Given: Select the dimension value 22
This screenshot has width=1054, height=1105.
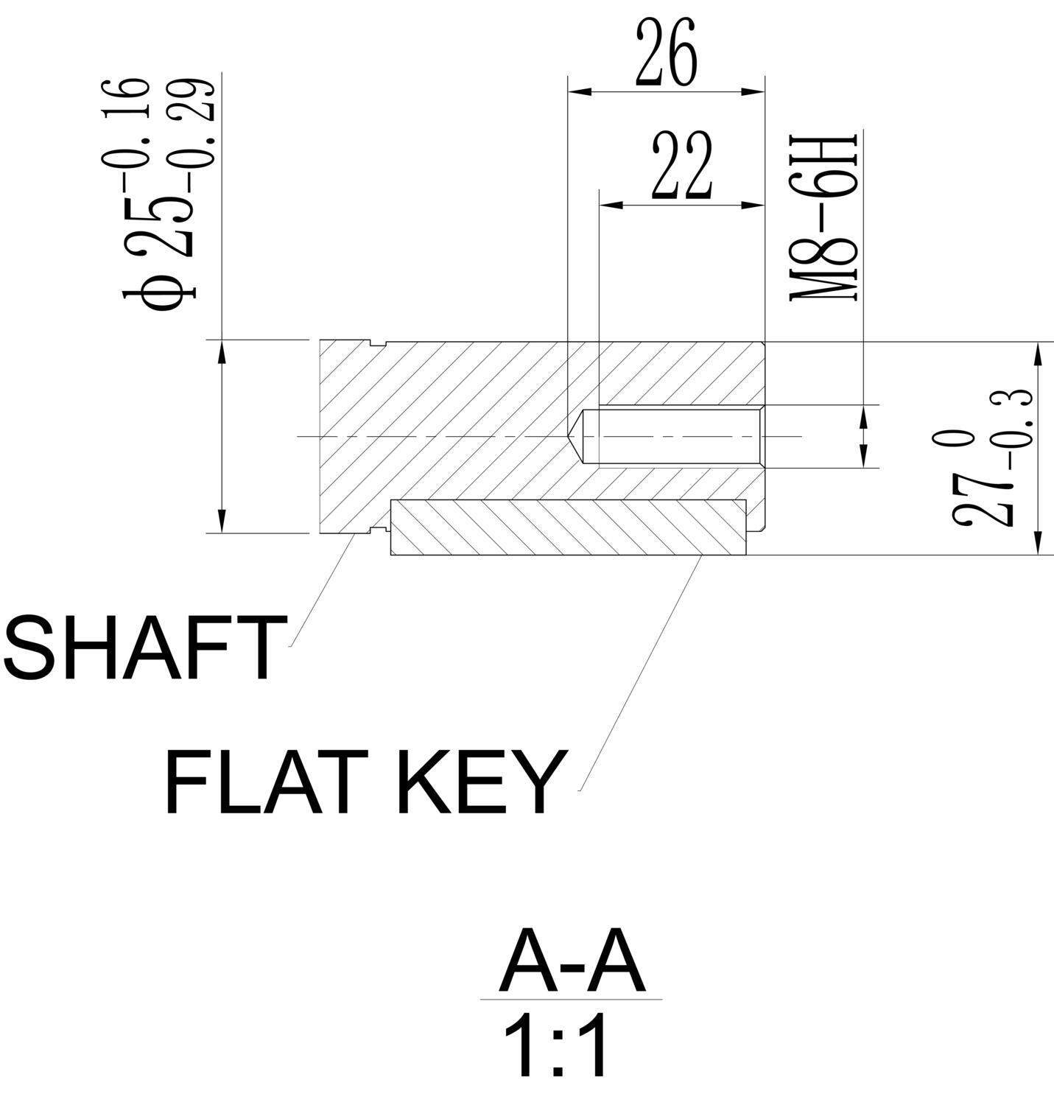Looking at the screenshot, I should tap(683, 167).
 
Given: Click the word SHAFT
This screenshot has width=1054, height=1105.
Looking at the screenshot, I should tap(145, 649).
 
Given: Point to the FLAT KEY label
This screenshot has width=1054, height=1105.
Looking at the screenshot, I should tap(367, 782).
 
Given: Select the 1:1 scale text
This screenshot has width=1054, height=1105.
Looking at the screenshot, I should tap(558, 1047).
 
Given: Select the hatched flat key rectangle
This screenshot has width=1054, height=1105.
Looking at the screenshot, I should tap(567, 527).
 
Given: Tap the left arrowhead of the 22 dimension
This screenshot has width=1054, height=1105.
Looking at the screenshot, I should tap(611, 205).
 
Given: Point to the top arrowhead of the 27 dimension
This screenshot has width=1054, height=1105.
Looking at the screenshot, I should tap(1038, 353).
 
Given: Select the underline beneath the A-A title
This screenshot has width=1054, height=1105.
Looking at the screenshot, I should tap(572, 1000).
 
